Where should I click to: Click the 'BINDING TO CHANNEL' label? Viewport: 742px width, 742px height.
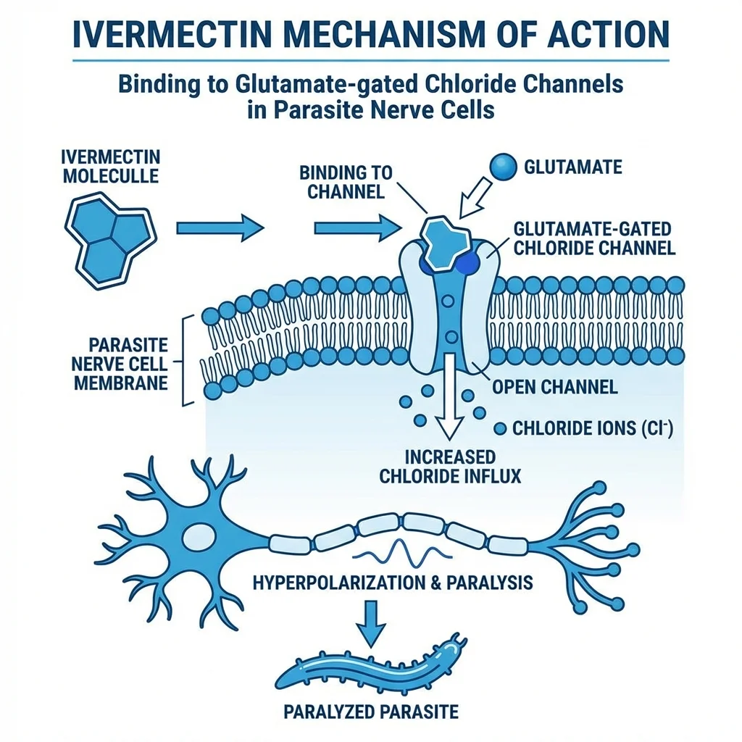346,183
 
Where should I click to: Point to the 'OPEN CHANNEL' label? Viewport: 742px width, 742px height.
554,387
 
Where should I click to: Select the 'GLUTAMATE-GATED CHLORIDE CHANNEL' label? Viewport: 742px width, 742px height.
594,238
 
